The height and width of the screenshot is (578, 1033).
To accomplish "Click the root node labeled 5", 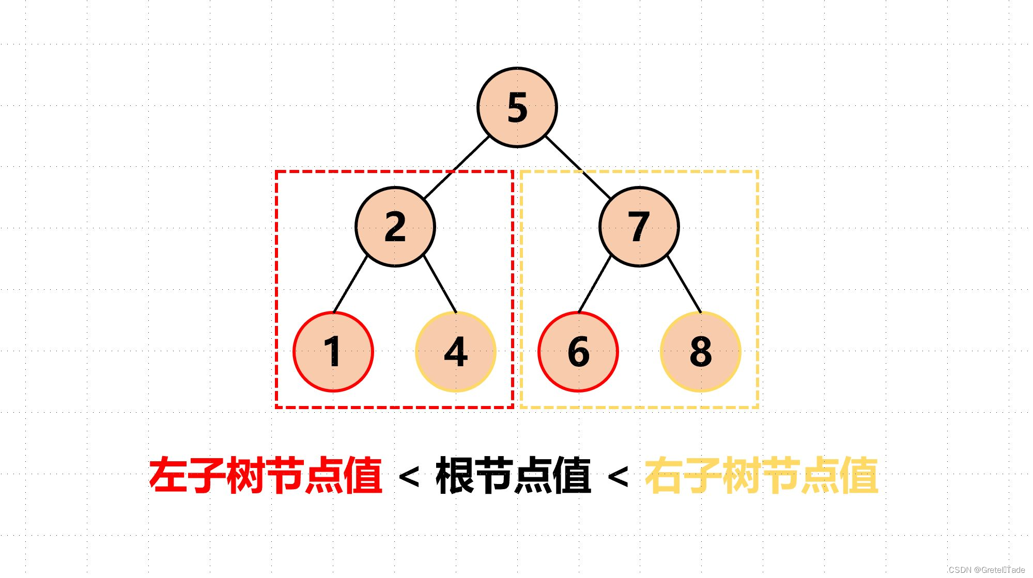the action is [x=517, y=107].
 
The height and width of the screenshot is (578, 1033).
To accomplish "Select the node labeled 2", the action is [x=395, y=226].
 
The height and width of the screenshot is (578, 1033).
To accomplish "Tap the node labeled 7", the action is [x=639, y=226].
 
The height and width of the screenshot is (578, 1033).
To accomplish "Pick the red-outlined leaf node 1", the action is [x=333, y=352].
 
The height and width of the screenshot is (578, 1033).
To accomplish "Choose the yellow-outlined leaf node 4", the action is [x=456, y=352].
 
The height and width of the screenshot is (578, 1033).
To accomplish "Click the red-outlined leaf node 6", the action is [x=578, y=352].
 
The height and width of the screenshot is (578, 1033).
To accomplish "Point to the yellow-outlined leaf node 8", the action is [x=701, y=352].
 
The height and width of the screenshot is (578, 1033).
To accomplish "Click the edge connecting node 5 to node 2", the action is [x=457, y=167].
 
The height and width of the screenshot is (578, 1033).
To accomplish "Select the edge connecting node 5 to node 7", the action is [x=578, y=167].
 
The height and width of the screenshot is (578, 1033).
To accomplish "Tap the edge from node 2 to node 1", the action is [x=350, y=285].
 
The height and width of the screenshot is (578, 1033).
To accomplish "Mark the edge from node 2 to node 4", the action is [x=440, y=285].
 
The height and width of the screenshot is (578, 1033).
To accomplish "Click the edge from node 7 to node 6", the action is [x=595, y=285].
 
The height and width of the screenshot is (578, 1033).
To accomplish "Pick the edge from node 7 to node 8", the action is [x=684, y=285].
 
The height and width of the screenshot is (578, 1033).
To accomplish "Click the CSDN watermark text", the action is [x=986, y=570].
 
